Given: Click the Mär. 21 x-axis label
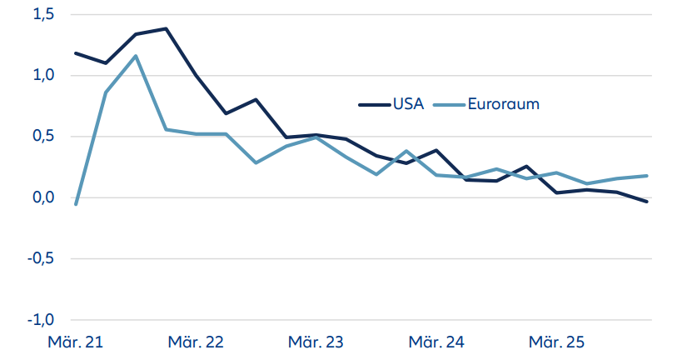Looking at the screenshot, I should (75, 342).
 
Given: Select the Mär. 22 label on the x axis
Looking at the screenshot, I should (196, 342).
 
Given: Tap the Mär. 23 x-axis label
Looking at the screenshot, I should (316, 342).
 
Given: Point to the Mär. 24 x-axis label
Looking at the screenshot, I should (437, 342).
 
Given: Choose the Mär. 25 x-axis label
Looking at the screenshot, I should (558, 342).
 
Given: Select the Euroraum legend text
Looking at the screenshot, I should (504, 104).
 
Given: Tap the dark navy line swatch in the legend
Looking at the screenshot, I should (376, 105).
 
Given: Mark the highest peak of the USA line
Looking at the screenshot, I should (166, 28).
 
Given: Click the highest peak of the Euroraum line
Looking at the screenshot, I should (136, 56).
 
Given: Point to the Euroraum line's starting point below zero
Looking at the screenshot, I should (76, 204).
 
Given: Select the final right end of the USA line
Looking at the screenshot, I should (647, 202).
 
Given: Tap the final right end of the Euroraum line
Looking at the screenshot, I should (647, 176).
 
